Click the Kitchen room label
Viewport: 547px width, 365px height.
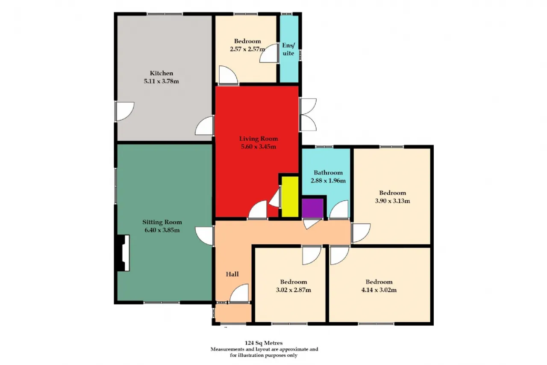coord(162,73)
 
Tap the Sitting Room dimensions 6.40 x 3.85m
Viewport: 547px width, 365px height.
coord(162,230)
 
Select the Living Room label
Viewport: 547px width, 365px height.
coord(259,139)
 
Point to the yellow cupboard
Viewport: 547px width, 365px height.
coord(290,196)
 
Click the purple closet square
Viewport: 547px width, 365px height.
coord(312,208)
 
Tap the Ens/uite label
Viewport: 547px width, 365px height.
coord(288,49)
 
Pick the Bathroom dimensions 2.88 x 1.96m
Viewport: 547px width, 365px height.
coord(328,181)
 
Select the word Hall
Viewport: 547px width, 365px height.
coord(232,274)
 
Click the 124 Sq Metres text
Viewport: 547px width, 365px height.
coord(264,343)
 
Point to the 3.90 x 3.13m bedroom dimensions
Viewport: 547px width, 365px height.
coord(392,201)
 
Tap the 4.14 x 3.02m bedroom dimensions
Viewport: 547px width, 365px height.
coord(379,290)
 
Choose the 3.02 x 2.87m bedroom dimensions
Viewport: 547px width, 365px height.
coord(294,290)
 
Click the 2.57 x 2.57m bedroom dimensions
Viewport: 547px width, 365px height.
coord(247,49)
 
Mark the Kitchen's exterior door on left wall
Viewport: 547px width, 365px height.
coord(124,111)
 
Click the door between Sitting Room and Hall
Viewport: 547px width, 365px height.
coord(205,236)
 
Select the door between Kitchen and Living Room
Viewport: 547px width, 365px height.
coord(205,126)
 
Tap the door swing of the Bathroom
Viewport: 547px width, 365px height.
coord(339,209)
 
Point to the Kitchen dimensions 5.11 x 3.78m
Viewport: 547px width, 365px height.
coord(162,81)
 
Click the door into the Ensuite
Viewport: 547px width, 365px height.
coord(269,53)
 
